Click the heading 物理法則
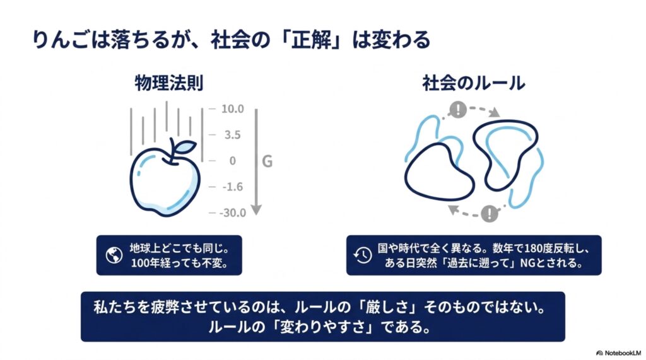[x=169, y=83]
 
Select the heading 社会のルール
[x=473, y=83]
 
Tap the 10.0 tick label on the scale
[x=232, y=108]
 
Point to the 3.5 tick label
[x=232, y=135]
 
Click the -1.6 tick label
[x=233, y=187]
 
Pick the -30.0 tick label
[x=233, y=212]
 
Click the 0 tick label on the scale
[x=232, y=161]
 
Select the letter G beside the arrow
[x=267, y=161]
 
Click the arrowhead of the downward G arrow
[x=256, y=210]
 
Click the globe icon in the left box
[x=114, y=255]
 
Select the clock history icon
[x=363, y=255]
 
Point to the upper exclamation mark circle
[x=458, y=110]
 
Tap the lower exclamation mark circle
[x=490, y=213]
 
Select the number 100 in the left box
[x=140, y=263]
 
